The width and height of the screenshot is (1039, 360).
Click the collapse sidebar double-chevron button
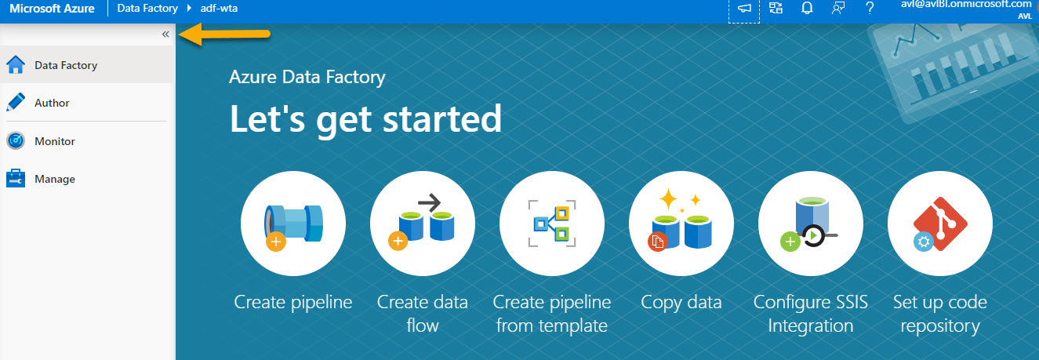pyautogui.click(x=165, y=35)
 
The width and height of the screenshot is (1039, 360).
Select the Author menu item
pyautogui.click(x=52, y=103)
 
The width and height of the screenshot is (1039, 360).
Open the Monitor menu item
pyautogui.click(x=55, y=141)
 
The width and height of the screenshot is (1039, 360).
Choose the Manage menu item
pyautogui.click(x=55, y=179)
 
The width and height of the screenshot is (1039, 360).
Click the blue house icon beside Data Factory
pyautogui.click(x=16, y=64)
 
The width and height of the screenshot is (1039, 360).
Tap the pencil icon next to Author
pyautogui.click(x=16, y=102)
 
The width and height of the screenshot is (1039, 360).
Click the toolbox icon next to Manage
pyautogui.click(x=16, y=178)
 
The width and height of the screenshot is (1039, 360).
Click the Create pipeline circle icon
pyautogui.click(x=293, y=224)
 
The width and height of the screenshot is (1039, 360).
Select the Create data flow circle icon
pyautogui.click(x=423, y=224)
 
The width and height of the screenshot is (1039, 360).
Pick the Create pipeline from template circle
pyautogui.click(x=552, y=224)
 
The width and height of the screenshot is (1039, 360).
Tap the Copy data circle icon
pyautogui.click(x=681, y=224)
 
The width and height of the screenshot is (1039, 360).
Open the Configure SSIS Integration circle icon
pyautogui.click(x=811, y=224)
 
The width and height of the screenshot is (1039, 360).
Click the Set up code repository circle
pyautogui.click(x=940, y=224)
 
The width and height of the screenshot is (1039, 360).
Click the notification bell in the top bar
pyautogui.click(x=807, y=8)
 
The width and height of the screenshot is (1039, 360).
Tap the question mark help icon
pyautogui.click(x=870, y=8)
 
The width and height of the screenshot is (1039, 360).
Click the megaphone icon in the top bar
pyautogui.click(x=744, y=9)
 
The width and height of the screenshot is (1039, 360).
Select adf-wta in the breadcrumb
pyautogui.click(x=219, y=8)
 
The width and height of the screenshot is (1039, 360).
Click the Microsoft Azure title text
pyautogui.click(x=52, y=9)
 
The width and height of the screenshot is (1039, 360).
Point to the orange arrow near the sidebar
pyautogui.click(x=224, y=35)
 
